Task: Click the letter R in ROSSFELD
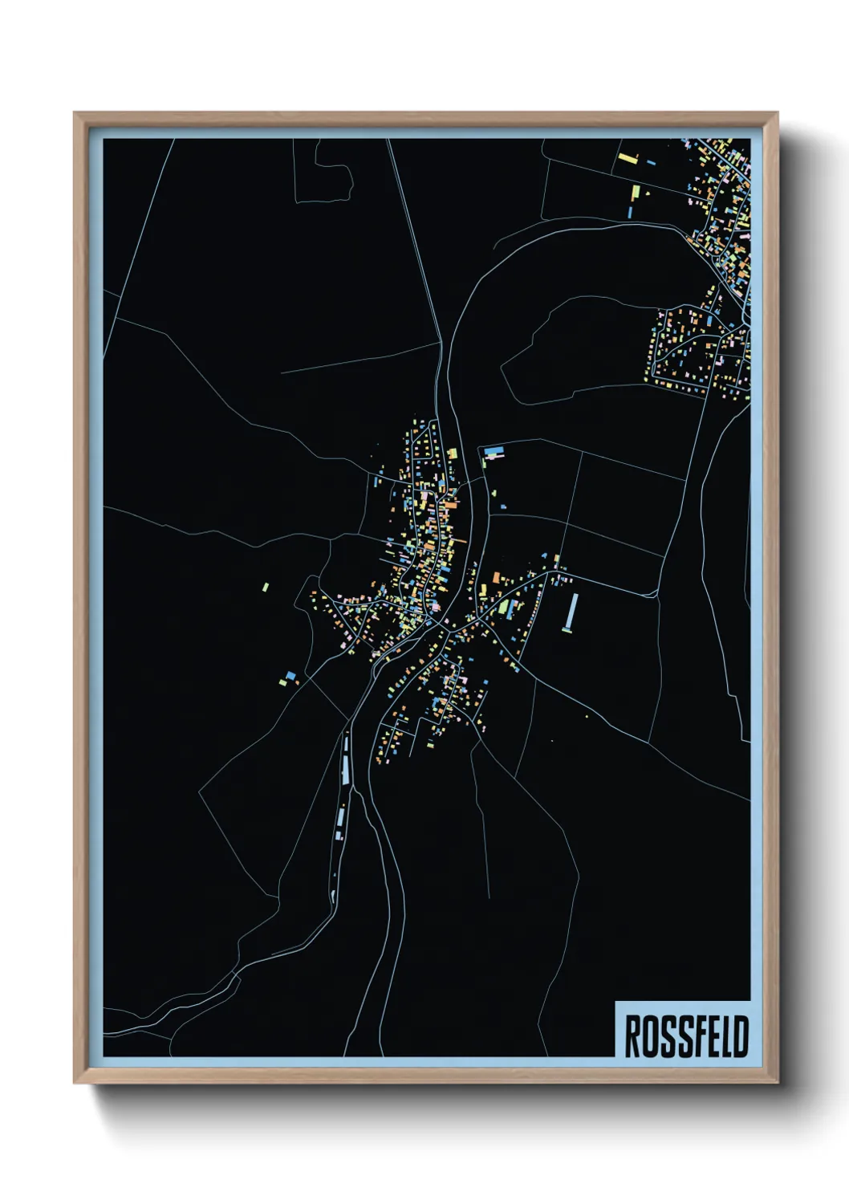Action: tap(632, 1036)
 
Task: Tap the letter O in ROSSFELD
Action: tap(648, 1036)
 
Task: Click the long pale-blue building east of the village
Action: tap(571, 612)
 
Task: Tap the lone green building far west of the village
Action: tap(266, 587)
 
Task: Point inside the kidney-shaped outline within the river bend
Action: tap(578, 345)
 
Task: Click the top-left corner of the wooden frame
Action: tap(75, 114)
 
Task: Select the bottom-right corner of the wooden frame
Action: tap(776, 1081)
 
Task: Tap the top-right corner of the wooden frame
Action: tap(776, 114)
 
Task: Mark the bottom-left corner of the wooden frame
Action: tap(75, 1081)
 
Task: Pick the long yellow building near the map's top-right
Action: tap(636, 193)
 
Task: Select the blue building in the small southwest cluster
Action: tap(290, 675)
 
